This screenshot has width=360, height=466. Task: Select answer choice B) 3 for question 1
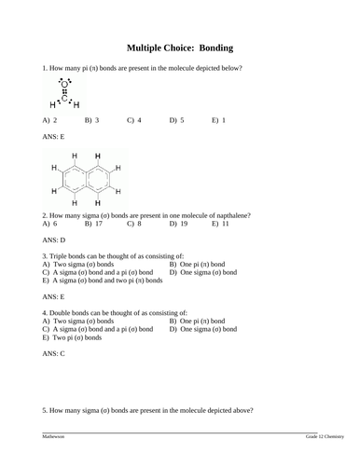click(92, 120)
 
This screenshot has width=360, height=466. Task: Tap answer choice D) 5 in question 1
click(177, 120)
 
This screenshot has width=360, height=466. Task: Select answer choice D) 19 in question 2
click(178, 224)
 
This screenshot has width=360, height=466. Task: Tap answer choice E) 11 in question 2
click(220, 224)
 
